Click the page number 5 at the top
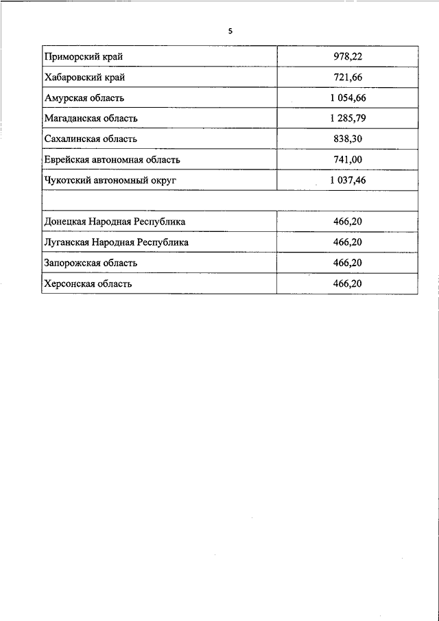click(230, 30)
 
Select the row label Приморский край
click(83, 56)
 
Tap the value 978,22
click(347, 56)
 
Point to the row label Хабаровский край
click(84, 77)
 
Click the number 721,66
click(347, 77)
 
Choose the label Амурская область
click(84, 97)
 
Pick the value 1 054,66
click(348, 97)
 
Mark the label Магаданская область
click(91, 118)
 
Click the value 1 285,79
click(348, 118)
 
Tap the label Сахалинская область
click(91, 139)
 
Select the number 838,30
click(347, 139)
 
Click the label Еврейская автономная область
click(112, 160)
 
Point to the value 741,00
click(347, 160)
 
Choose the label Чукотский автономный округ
click(110, 180)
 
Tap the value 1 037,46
click(348, 180)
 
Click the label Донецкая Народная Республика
click(114, 222)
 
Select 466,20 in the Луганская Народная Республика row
click(347, 242)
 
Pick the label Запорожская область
click(91, 263)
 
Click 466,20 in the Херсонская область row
click(347, 283)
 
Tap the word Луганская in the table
click(66, 242)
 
